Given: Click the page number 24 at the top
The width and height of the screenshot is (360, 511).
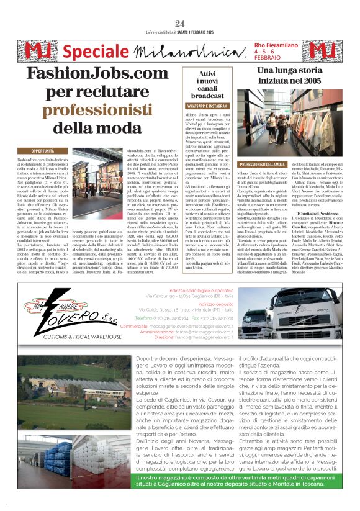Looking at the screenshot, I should click(x=179, y=24).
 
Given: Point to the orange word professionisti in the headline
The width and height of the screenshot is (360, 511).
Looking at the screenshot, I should click(x=88, y=111).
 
